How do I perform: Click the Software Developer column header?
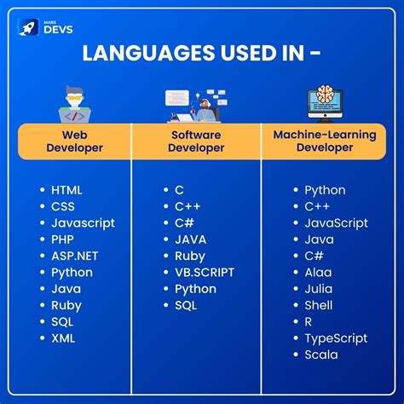(195, 141)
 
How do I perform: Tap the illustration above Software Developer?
(195, 104)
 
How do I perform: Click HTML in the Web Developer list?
(66, 190)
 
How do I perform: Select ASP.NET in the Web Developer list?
(74, 256)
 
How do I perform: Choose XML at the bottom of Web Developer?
(63, 338)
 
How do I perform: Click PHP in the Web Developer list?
(63, 240)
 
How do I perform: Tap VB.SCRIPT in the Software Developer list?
(204, 272)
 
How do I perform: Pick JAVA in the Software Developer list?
(190, 240)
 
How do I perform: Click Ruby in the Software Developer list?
(190, 256)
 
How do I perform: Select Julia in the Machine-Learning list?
(319, 289)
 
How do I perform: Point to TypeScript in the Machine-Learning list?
(335, 338)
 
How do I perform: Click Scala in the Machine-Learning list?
(321, 354)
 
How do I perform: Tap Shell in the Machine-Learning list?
(319, 305)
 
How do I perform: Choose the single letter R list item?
(309, 321)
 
